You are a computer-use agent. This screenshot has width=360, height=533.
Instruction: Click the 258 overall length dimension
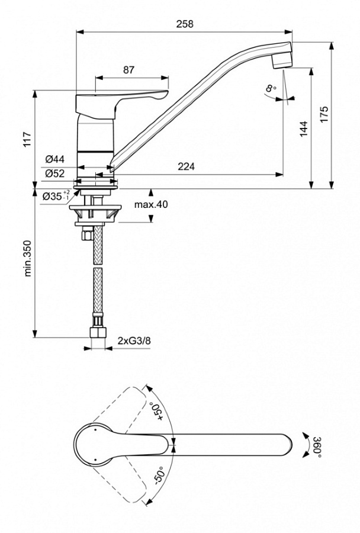coord(185,24)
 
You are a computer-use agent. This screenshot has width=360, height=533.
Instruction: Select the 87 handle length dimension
coord(128,69)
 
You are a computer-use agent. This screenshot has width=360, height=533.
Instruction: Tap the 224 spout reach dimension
coord(187,167)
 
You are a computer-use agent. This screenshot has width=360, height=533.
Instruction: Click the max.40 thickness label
coord(150,204)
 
